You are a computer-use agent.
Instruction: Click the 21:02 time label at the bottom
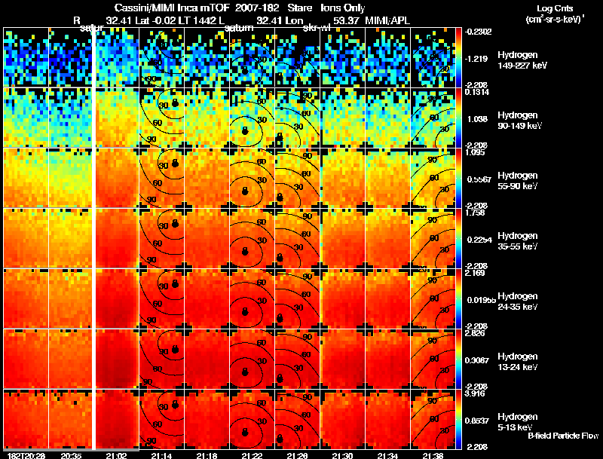[116, 455]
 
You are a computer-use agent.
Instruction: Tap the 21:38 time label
[433, 455]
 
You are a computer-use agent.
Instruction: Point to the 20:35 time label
[71, 455]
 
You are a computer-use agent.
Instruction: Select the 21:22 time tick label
[252, 455]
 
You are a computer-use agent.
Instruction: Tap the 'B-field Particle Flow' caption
[562, 436]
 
